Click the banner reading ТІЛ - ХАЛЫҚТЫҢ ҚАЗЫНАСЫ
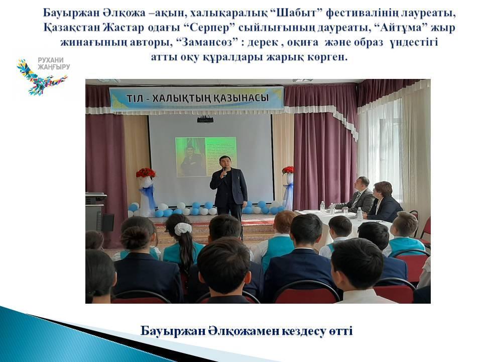click(x=197, y=99)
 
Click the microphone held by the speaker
click(x=225, y=172)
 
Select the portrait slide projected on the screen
click(x=206, y=157)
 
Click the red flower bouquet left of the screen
click(x=146, y=172)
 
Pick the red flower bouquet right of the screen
click(x=288, y=170)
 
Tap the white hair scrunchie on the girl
click(x=183, y=229)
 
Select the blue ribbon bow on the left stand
click(x=148, y=195)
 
